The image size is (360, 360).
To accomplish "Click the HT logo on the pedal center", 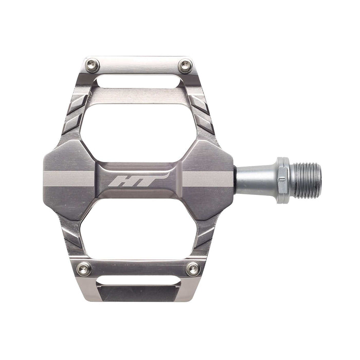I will click(140, 180).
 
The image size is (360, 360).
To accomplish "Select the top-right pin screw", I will click(185, 66).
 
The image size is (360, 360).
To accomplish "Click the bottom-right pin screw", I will click(193, 268).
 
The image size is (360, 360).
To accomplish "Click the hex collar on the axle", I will click(283, 180).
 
